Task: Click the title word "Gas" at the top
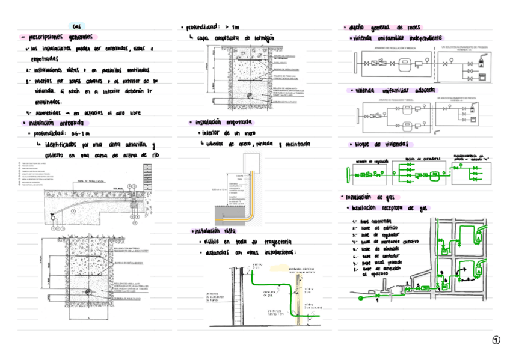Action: coord(76,27)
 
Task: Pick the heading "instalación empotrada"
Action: coord(221,122)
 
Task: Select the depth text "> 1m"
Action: coord(232,28)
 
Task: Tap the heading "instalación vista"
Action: coord(215,231)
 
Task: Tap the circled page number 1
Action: coord(496,341)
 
